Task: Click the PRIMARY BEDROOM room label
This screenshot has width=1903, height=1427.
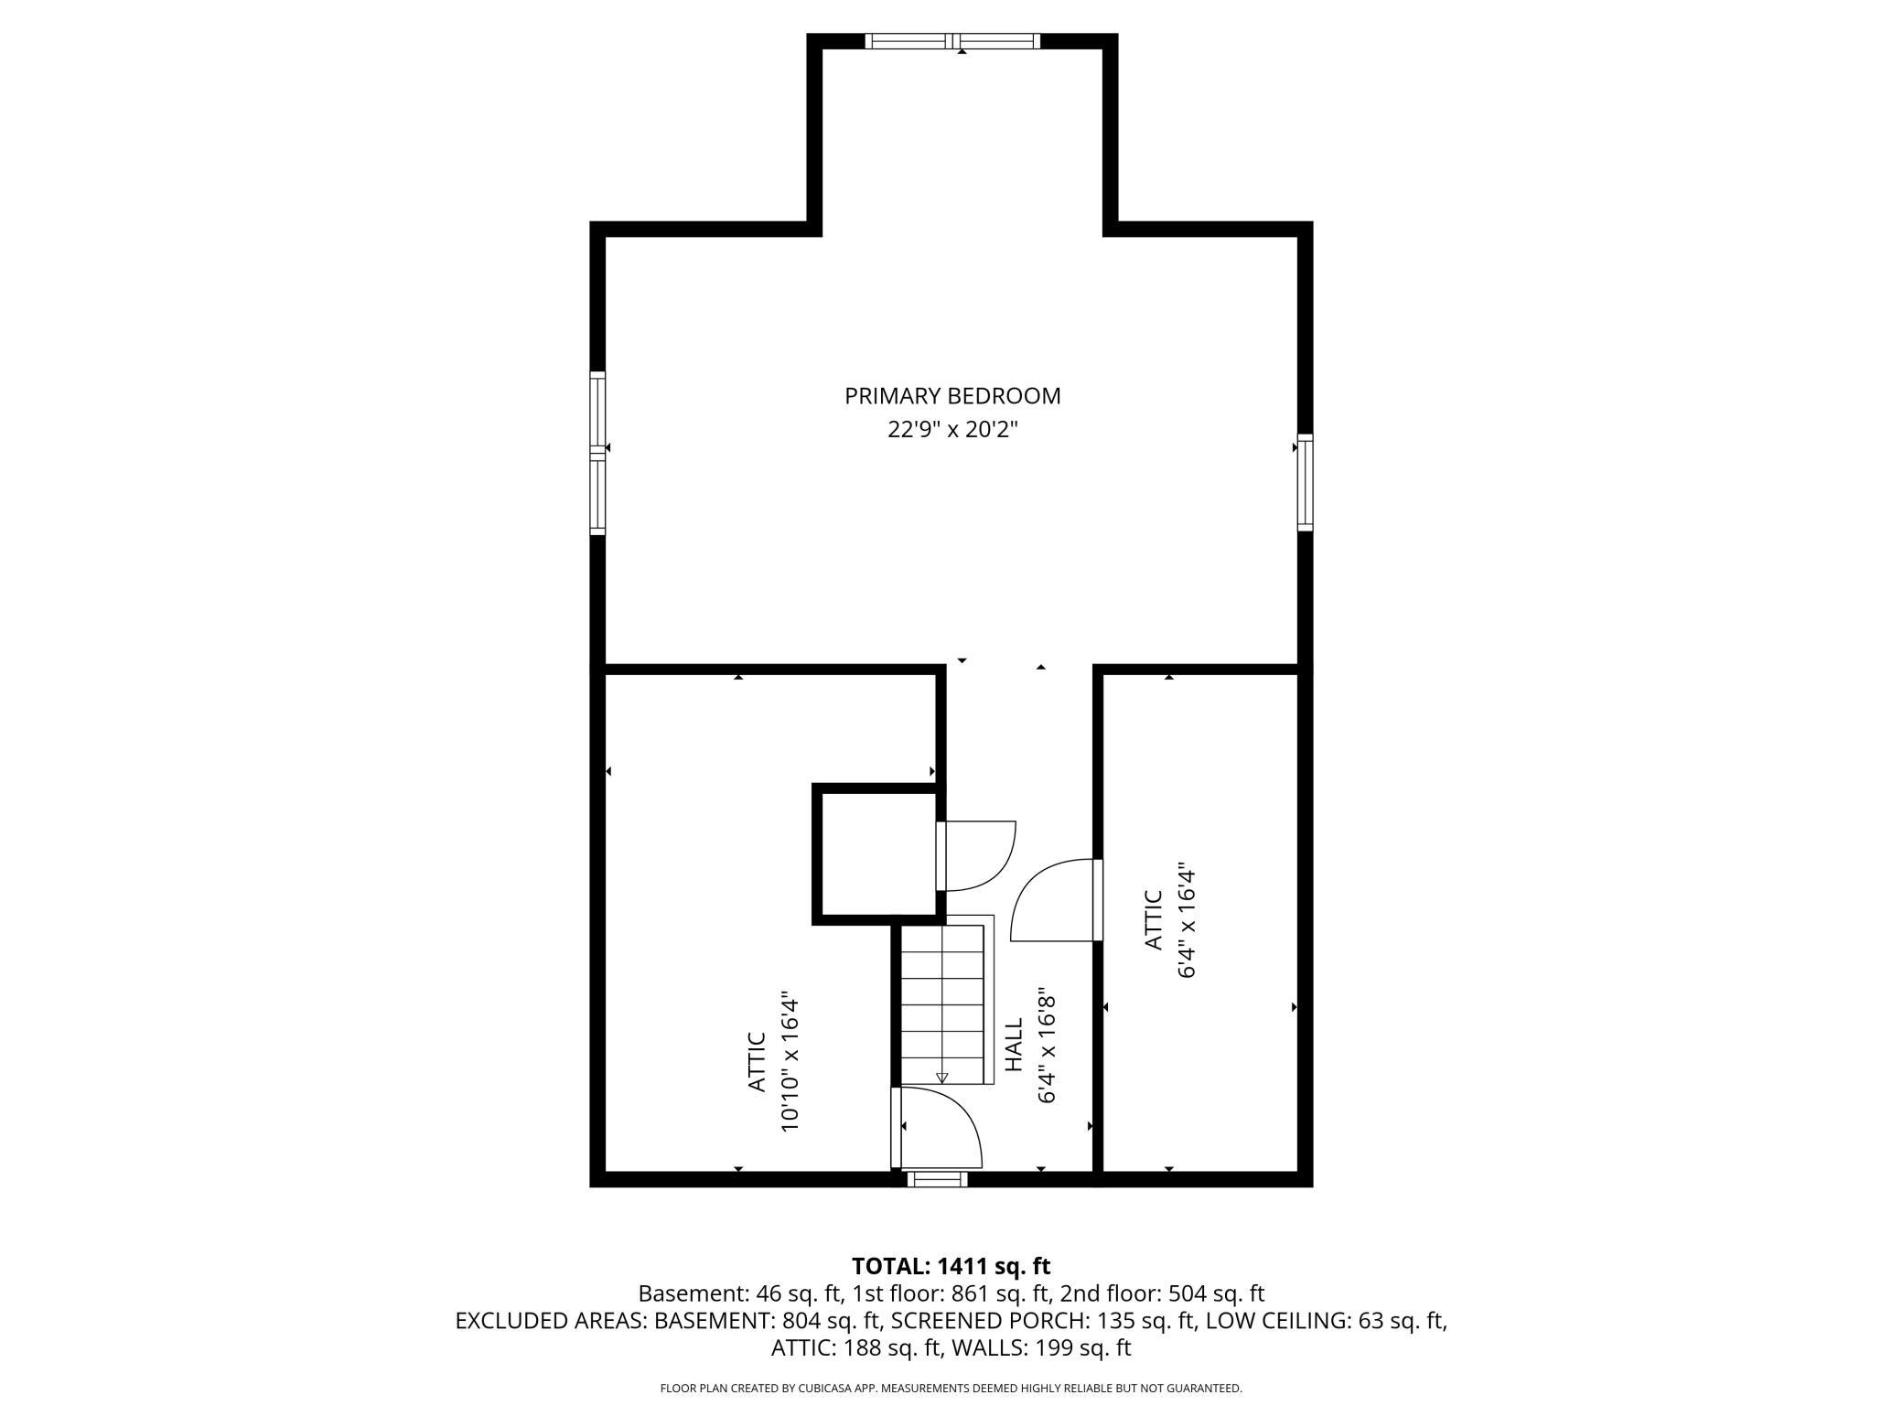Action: [952, 396]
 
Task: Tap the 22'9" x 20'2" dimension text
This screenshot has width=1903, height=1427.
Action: [952, 429]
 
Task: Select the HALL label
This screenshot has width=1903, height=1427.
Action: [1014, 1045]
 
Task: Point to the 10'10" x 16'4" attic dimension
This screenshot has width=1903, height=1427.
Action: [790, 1061]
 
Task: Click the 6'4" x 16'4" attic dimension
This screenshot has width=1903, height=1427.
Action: [1187, 920]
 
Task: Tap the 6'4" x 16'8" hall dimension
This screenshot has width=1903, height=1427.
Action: [1048, 1048]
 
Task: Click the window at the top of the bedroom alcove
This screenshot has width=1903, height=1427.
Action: [952, 40]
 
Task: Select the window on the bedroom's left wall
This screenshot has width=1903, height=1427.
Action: [597, 453]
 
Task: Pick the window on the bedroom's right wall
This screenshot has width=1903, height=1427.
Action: [1306, 482]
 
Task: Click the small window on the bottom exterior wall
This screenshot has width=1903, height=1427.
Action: [937, 1179]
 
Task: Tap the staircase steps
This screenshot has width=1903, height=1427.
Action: [942, 1003]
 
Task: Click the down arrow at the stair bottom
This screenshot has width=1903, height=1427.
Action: [942, 1078]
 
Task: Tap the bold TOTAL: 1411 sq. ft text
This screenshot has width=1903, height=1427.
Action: [951, 1266]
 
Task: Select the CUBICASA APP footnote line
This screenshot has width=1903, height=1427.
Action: [951, 1389]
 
